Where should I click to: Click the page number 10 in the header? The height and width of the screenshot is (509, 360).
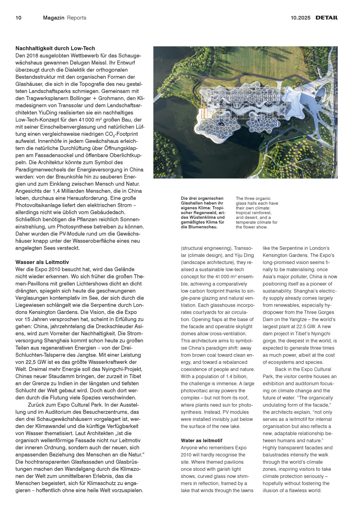coord(18,18)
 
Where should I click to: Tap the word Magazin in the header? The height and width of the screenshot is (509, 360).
coord(53,18)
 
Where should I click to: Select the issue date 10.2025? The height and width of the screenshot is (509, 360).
coord(300,18)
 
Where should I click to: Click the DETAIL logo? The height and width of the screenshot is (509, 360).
coord(327,18)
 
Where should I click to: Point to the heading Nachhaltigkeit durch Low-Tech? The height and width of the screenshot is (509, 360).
coord(55,48)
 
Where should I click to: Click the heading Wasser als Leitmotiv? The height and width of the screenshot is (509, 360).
coord(42,262)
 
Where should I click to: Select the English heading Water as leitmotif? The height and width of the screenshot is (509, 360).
coord(201,441)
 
